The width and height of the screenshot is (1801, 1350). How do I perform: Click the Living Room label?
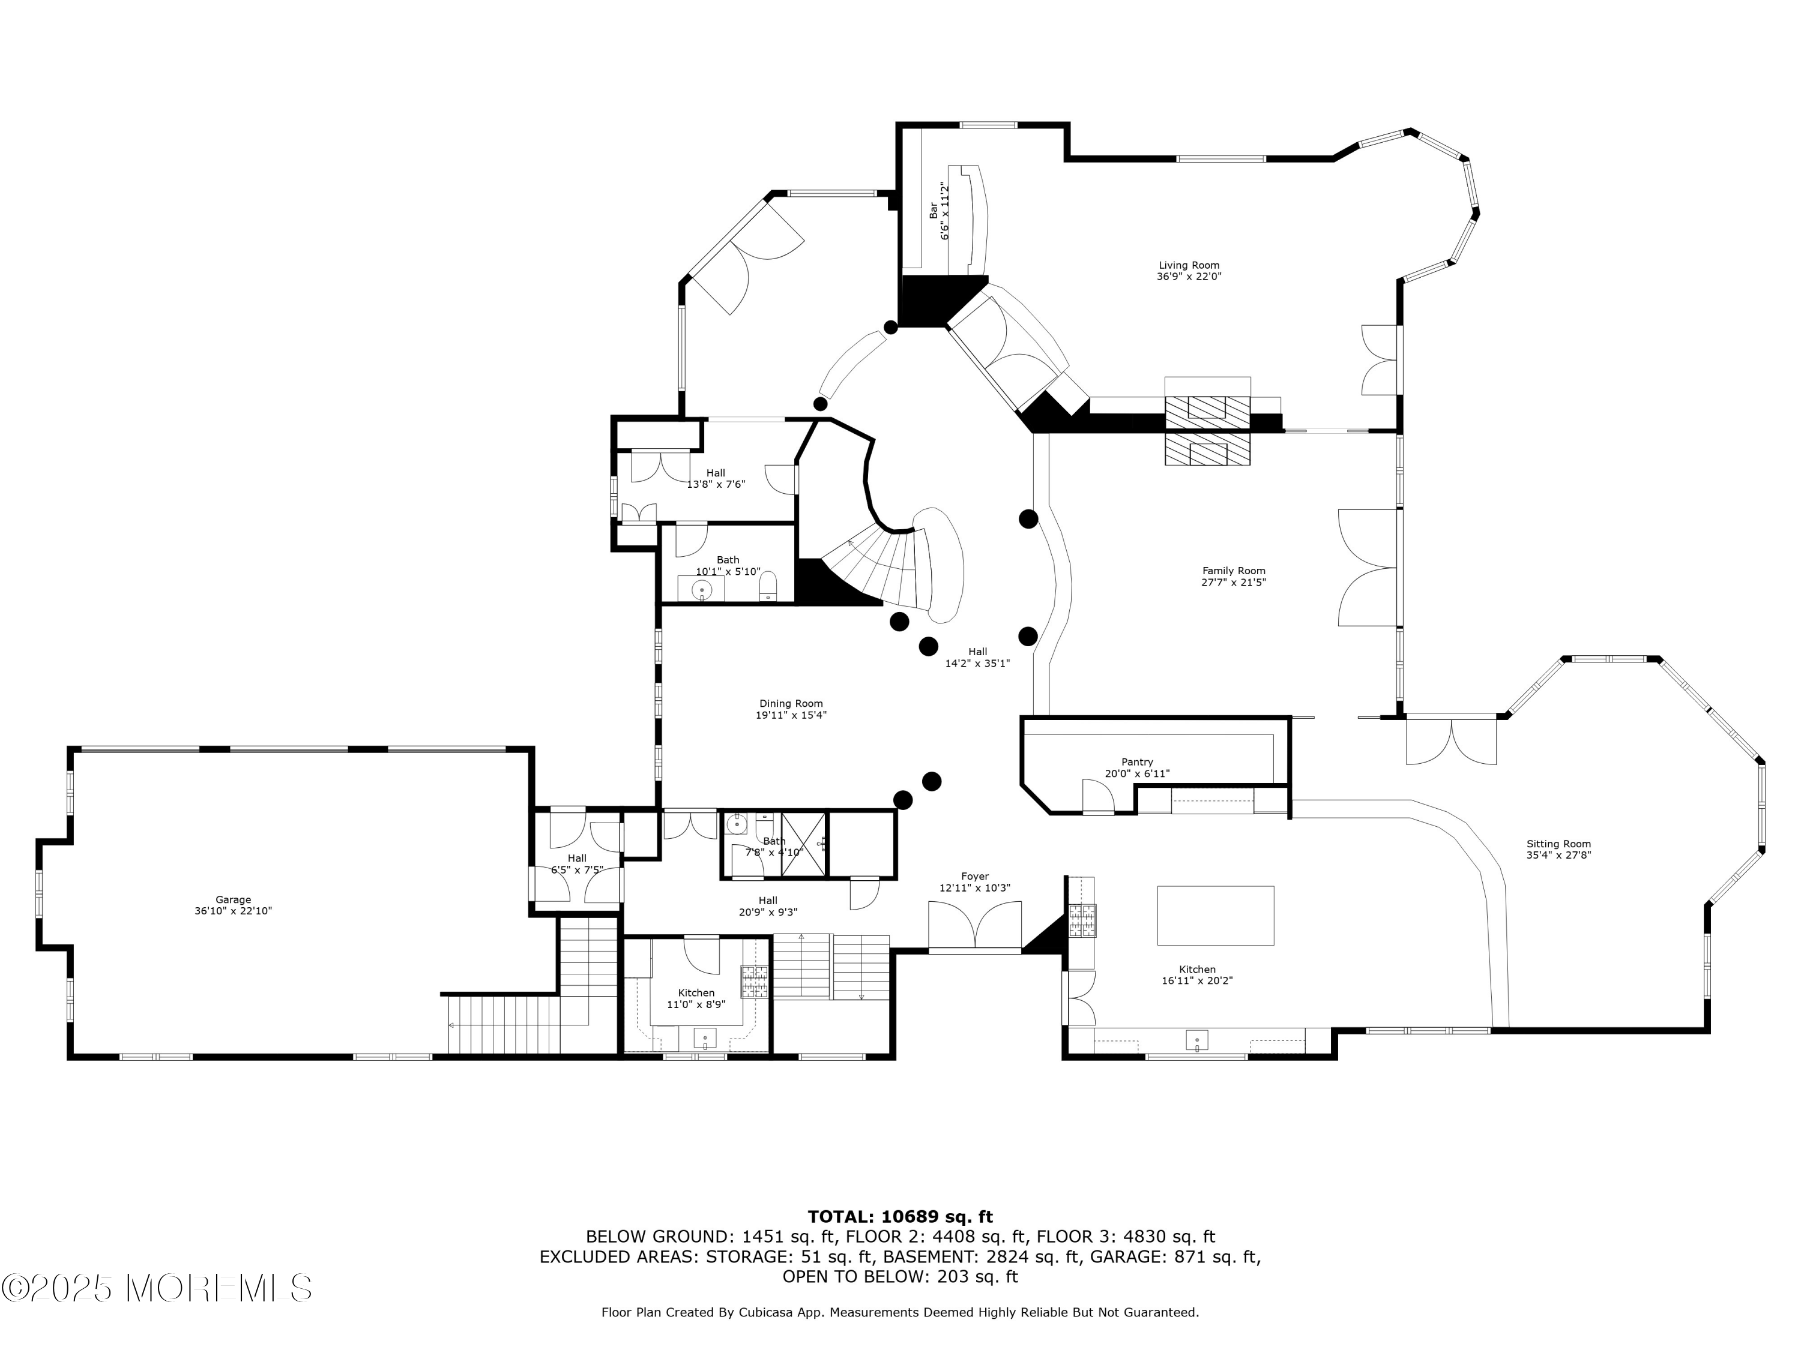coord(1188,265)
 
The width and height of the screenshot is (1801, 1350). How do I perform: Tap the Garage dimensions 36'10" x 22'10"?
coord(233,911)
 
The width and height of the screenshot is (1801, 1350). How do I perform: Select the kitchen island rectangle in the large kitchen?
coord(1215,916)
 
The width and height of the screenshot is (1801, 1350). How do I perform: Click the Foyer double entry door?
coord(974,928)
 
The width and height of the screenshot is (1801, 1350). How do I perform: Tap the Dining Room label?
coord(791,703)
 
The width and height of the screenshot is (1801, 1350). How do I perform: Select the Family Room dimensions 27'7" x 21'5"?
coord(1234,582)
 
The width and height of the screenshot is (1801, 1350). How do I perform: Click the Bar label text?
coord(933,210)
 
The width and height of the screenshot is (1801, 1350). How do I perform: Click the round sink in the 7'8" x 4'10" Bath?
coord(737,824)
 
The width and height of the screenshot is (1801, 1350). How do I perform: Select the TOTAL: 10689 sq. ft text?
coord(900,1217)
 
